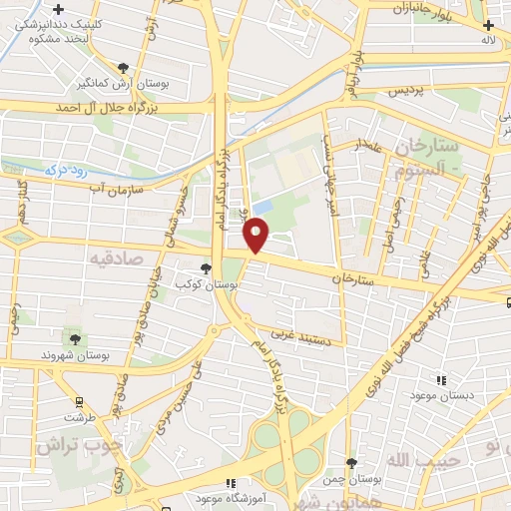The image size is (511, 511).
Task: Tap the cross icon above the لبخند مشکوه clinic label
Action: pos(59,9)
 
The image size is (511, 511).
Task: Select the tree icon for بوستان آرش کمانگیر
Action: pos(123,68)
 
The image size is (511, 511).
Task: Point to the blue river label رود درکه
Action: pos(70,171)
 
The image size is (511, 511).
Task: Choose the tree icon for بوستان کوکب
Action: pos(206,268)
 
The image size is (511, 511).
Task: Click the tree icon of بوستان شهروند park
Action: pos(74,339)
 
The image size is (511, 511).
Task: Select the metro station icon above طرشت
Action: pos(77,403)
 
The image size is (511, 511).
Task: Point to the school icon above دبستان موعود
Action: pos(441,380)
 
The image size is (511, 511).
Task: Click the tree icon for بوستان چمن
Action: pos(350,462)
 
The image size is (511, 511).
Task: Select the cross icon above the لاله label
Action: pos(487,25)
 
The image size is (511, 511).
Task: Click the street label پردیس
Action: pos(405,91)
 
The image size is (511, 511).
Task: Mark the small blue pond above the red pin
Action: pos(262,206)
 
